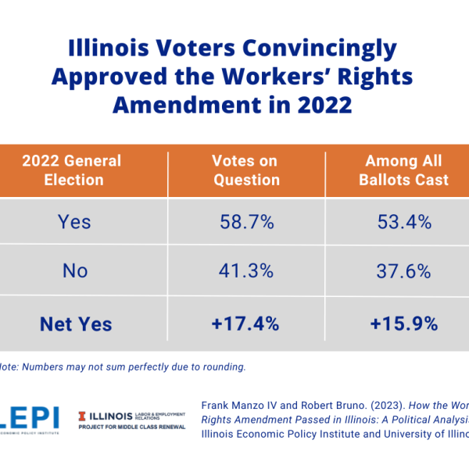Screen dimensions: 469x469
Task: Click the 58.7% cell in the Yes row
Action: pyautogui.click(x=246, y=222)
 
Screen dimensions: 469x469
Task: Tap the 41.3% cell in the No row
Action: pyautogui.click(x=246, y=271)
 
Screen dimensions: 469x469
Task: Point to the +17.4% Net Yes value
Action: pyautogui.click(x=246, y=323)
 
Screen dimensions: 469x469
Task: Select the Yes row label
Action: pyautogui.click(x=74, y=222)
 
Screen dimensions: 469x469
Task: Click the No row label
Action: pyautogui.click(x=74, y=271)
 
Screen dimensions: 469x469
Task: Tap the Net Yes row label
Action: pyautogui.click(x=77, y=323)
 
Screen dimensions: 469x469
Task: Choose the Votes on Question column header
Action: pyautogui.click(x=245, y=170)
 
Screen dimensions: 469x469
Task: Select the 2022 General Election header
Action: pyautogui.click(x=72, y=170)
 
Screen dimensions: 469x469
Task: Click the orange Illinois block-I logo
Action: pyautogui.click(x=84, y=414)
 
